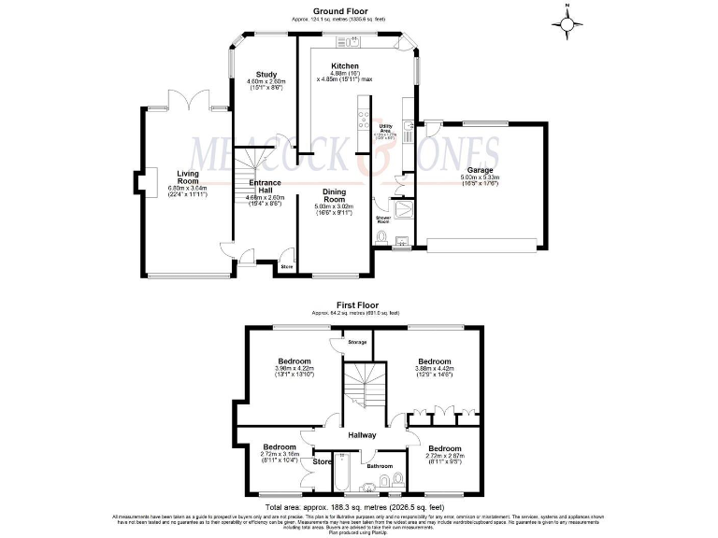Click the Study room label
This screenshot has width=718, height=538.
[x=265, y=74]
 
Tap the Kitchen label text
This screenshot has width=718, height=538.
[x=345, y=66]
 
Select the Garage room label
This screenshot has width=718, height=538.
[x=481, y=170]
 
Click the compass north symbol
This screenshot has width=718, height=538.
[x=567, y=20]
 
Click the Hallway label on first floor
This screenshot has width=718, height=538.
[x=361, y=435]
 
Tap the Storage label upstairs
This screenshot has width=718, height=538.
[x=356, y=343]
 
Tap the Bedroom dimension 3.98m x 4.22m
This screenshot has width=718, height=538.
[x=294, y=369]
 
